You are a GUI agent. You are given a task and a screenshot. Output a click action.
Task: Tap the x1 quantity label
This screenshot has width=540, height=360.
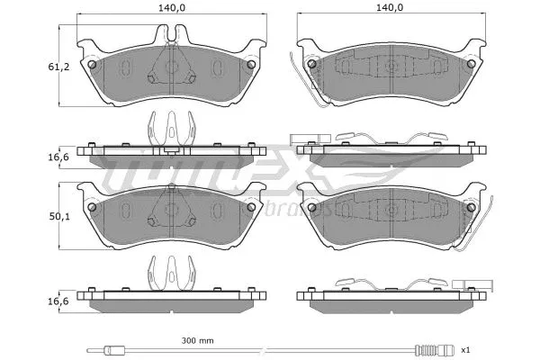[x=465, y=349]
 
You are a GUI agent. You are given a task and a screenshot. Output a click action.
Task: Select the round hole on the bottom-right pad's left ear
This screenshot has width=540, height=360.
[x=311, y=208]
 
